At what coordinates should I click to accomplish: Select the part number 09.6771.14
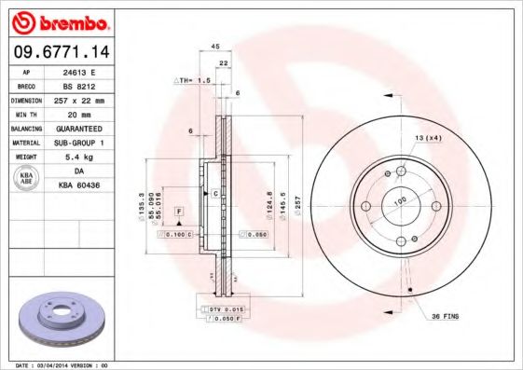click(x=61, y=51)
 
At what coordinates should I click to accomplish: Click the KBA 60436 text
click(x=78, y=185)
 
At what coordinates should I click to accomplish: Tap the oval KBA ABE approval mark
click(x=26, y=178)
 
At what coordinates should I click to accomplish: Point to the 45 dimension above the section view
click(x=214, y=46)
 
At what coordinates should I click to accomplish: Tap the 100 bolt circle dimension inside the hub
click(x=401, y=199)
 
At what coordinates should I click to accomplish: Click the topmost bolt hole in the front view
click(x=401, y=171)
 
